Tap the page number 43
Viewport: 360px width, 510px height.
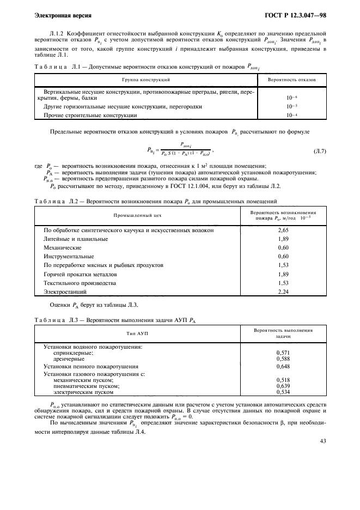(x=322, y=441)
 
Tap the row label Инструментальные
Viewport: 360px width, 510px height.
(x=69, y=256)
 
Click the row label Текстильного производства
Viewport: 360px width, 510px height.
(x=80, y=283)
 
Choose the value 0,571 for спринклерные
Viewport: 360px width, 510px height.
(x=283, y=353)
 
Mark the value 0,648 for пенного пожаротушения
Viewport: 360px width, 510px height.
(x=283, y=367)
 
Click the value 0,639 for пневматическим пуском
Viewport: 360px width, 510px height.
(x=283, y=386)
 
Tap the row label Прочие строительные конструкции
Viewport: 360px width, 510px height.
(x=90, y=116)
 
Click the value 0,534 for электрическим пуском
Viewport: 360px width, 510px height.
(x=283, y=392)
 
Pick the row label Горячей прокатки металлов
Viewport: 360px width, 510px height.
(x=80, y=274)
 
